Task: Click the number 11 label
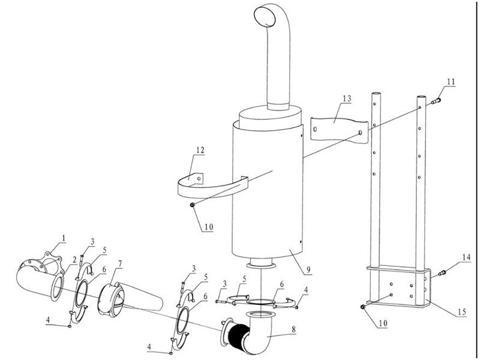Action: tap(451, 80)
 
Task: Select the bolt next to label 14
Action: tap(443, 274)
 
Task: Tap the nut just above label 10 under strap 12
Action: tap(191, 206)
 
